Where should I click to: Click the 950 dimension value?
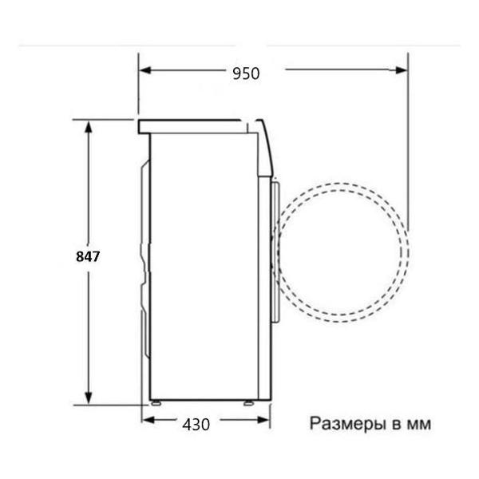click(x=246, y=73)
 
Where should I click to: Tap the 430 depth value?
click(x=196, y=424)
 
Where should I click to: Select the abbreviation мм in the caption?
click(x=418, y=424)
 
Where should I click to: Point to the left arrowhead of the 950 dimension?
click(x=144, y=71)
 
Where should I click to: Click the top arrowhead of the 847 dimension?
click(x=88, y=125)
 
